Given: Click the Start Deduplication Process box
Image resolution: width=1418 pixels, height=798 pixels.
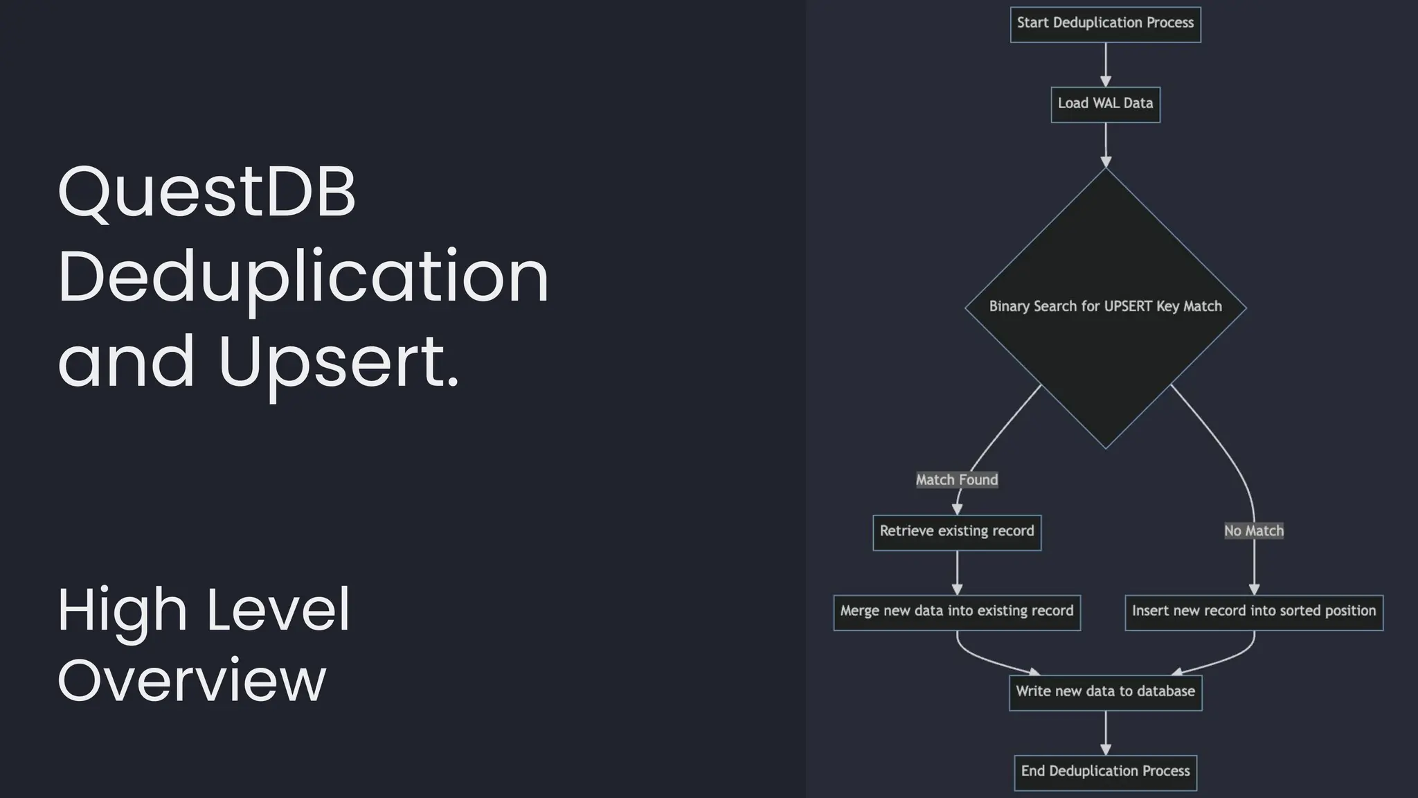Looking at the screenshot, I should pyautogui.click(x=1105, y=24).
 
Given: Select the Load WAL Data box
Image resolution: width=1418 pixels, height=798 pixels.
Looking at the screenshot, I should pyautogui.click(x=1105, y=104).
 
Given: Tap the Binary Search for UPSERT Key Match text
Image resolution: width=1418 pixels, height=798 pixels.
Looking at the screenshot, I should pyautogui.click(x=1105, y=306).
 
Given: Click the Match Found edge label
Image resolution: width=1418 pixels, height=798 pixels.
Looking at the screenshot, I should pyautogui.click(x=957, y=479).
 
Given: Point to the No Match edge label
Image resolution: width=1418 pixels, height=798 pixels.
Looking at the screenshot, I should pyautogui.click(x=1253, y=531).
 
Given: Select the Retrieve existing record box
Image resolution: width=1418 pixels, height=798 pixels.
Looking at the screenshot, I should pyautogui.click(x=957, y=532).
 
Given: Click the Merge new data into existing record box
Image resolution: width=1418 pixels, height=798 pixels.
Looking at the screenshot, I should pyautogui.click(x=957, y=612).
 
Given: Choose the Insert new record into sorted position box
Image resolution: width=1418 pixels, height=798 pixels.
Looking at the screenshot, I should pyautogui.click(x=1253, y=612).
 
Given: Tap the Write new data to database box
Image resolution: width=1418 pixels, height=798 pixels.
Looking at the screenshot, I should pyautogui.click(x=1105, y=692).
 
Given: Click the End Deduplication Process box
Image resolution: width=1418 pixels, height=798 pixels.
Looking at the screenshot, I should pyautogui.click(x=1105, y=772).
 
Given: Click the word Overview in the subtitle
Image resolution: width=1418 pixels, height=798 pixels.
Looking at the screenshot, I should pyautogui.click(x=191, y=680).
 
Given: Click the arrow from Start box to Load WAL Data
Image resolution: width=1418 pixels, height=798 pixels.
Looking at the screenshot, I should pyautogui.click(x=1106, y=64).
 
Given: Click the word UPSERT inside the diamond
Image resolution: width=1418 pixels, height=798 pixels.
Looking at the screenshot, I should pyautogui.click(x=1127, y=306).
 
